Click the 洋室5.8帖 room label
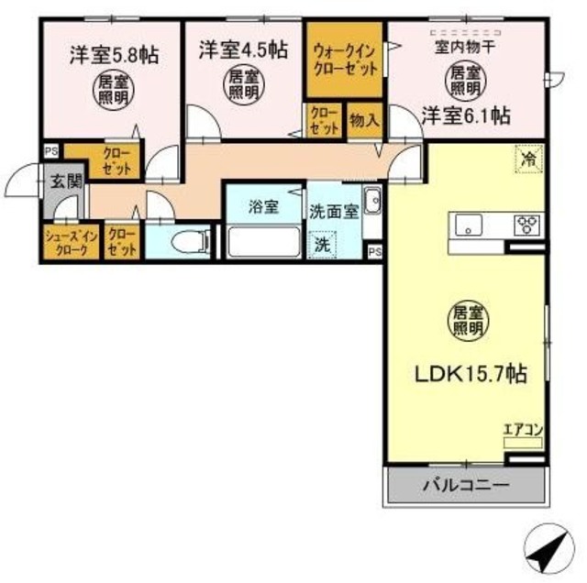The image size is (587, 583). coord(115,56)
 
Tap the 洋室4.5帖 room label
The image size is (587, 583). coord(243,49)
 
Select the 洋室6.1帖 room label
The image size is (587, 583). coord(466,115)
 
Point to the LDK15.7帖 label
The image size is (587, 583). coord(471,373)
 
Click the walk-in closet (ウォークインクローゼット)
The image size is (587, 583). coord(345,60)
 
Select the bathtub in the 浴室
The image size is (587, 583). coord(264,241)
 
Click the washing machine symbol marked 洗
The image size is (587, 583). coord(322,245)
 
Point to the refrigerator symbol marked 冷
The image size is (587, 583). coord(528,159)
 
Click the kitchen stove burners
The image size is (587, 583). coord(526,225)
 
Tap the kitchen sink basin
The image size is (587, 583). coord(469,225)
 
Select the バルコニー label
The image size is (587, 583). coord(466,486)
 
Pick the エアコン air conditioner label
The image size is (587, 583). coord(523,430)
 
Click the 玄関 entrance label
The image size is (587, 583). coord(66,181)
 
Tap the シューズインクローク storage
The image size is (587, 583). coord(72,241)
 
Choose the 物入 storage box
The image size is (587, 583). coord(365,120)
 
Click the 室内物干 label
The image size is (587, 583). coord(465,48)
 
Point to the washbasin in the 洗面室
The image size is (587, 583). coord(372,200)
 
